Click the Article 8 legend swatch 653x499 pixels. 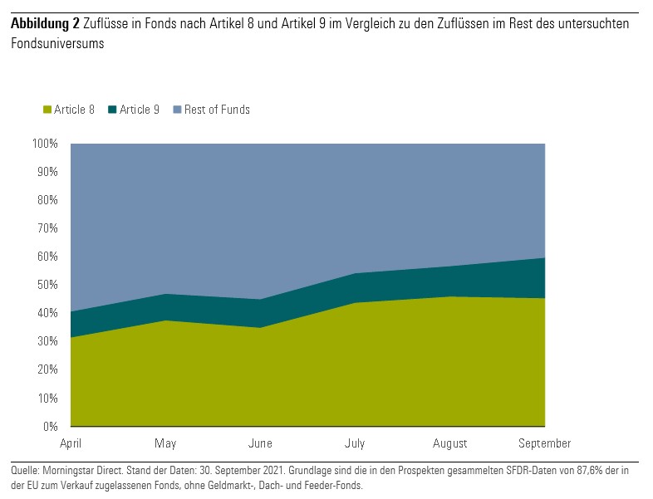tap(47, 110)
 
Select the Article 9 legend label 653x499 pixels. tap(140, 110)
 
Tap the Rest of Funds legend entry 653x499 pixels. tap(217, 110)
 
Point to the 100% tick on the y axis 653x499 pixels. tap(45, 144)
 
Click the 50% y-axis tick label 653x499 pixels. tap(47, 285)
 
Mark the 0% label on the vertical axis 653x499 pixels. tap(51, 427)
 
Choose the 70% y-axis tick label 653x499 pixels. tap(47, 228)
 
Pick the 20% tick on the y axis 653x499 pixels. tap(47, 370)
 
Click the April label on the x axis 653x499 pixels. tap(71, 443)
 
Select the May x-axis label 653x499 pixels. tap(166, 443)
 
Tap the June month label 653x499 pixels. tap(261, 443)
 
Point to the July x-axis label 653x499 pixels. tap(356, 443)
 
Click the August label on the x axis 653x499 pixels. tap(450, 443)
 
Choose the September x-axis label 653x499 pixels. tap(545, 443)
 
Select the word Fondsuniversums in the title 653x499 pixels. tap(57, 44)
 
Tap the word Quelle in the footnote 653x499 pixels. tap(25, 471)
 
